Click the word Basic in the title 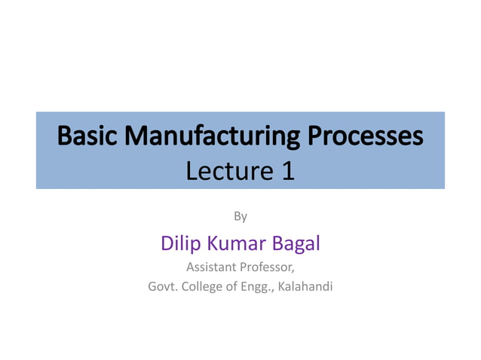pyautogui.click(x=87, y=136)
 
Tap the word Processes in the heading pyautogui.click(x=365, y=136)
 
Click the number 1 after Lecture pyautogui.click(x=286, y=172)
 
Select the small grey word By pyautogui.click(x=240, y=217)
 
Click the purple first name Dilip pyautogui.click(x=179, y=243)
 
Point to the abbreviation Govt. pyautogui.click(x=162, y=286)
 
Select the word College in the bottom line pyautogui.click(x=202, y=286)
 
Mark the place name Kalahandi pyautogui.click(x=305, y=286)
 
